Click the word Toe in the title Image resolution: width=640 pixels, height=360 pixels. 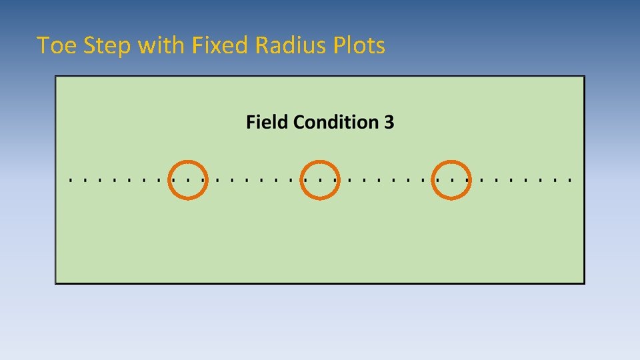(53, 45)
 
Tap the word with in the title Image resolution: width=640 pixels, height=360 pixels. (161, 45)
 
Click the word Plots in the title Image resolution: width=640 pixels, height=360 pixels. (360, 45)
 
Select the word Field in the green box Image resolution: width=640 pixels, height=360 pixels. (267, 122)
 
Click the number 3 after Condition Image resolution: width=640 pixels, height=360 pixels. (389, 122)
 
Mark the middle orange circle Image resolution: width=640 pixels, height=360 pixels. (320, 179)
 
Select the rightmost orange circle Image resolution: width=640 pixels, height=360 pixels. (452, 179)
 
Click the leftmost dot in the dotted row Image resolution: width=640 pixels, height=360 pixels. (71, 180)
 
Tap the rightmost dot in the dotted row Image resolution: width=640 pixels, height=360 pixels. (570, 180)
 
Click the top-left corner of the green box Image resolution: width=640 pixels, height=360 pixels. (56, 77)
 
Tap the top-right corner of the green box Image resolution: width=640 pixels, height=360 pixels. (584, 77)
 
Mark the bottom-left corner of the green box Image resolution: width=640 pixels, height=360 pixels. (56, 283)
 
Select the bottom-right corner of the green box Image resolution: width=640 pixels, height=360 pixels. (584, 283)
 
